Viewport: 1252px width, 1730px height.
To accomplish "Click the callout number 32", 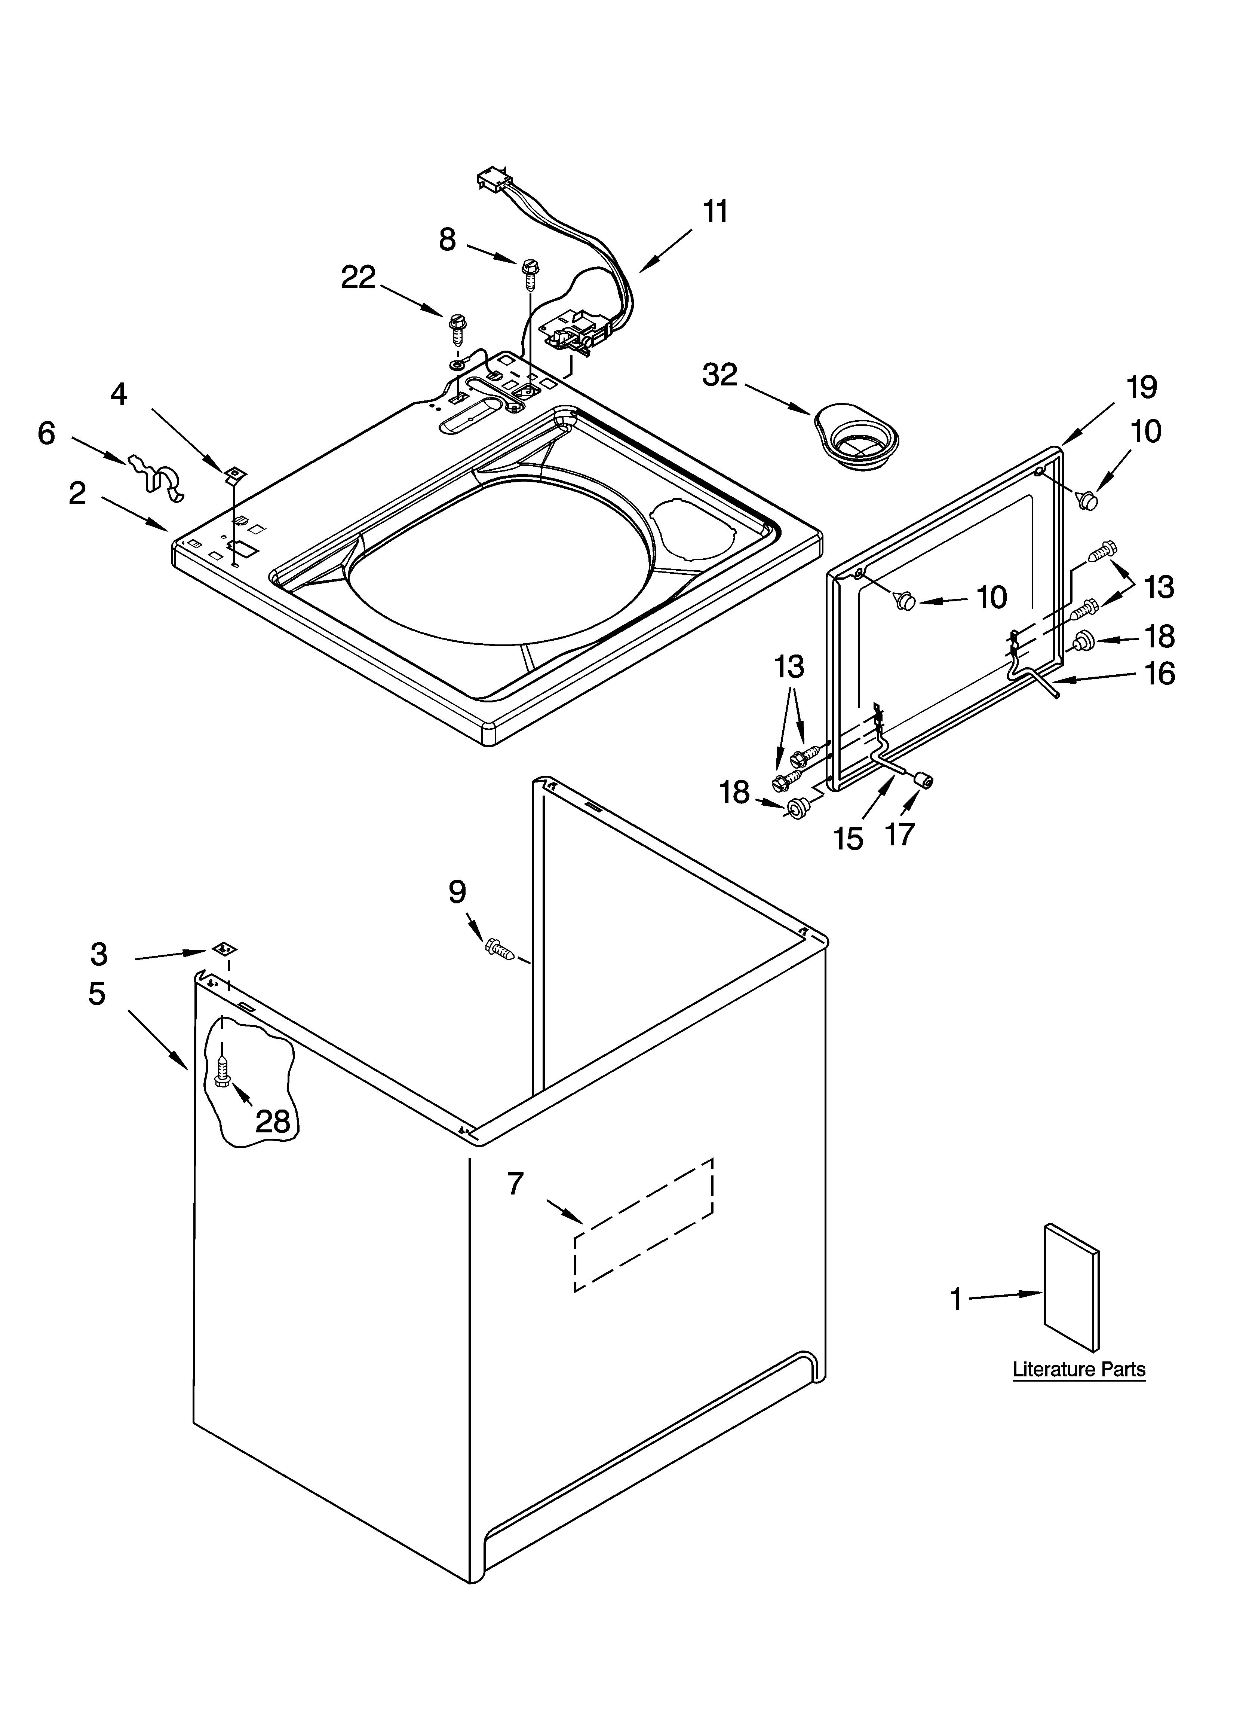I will point(720,375).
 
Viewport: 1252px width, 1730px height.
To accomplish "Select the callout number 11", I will point(715,211).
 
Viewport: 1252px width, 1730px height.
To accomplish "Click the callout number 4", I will point(119,394).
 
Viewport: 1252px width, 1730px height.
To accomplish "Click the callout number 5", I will point(97,994).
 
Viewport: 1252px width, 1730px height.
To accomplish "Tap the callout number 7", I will point(515,1184).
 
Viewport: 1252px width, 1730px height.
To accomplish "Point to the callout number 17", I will point(900,834).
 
